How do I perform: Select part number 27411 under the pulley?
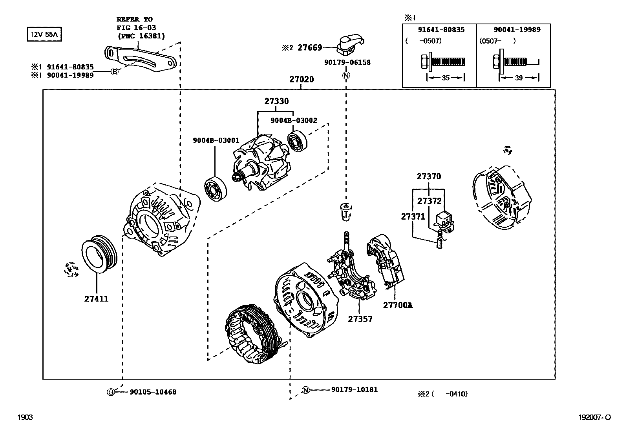click(96, 298)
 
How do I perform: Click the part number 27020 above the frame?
click(302, 79)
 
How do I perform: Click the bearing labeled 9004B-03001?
click(216, 189)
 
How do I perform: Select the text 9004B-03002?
click(294, 120)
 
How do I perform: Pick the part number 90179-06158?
click(347, 62)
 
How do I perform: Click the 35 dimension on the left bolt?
click(445, 78)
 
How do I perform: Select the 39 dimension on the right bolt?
click(518, 78)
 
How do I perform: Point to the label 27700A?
click(398, 305)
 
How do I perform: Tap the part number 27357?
click(360, 319)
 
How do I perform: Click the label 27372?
click(429, 201)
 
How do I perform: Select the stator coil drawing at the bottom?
click(251, 333)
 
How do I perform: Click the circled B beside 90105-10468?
click(111, 392)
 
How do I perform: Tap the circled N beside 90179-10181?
click(306, 390)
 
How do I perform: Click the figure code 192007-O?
click(594, 418)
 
